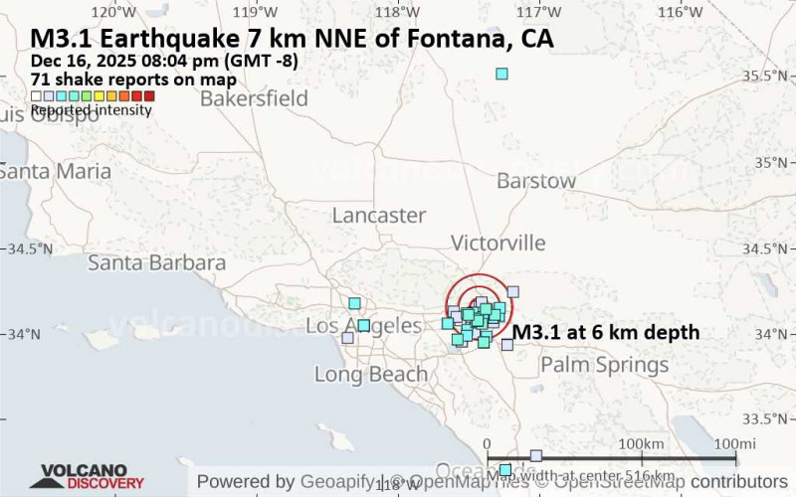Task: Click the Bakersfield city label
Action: pyautogui.click(x=253, y=98)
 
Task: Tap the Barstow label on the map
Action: pyautogui.click(x=536, y=181)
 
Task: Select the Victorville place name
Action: pyautogui.click(x=497, y=243)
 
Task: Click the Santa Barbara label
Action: pyautogui.click(x=156, y=262)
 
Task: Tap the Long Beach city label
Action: pyautogui.click(x=370, y=374)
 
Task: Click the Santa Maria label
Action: pyautogui.click(x=55, y=171)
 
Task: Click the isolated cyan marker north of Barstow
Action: pyautogui.click(x=501, y=74)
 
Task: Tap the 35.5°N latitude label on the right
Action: pyautogui.click(x=766, y=76)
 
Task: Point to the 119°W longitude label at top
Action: pyautogui.click(x=256, y=12)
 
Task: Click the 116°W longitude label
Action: pyautogui.click(x=682, y=12)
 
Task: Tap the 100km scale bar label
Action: pyautogui.click(x=640, y=442)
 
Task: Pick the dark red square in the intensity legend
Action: pyautogui.click(x=148, y=96)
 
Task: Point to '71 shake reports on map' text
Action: pyautogui.click(x=133, y=80)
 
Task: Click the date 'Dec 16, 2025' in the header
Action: pyautogui.click(x=86, y=61)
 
